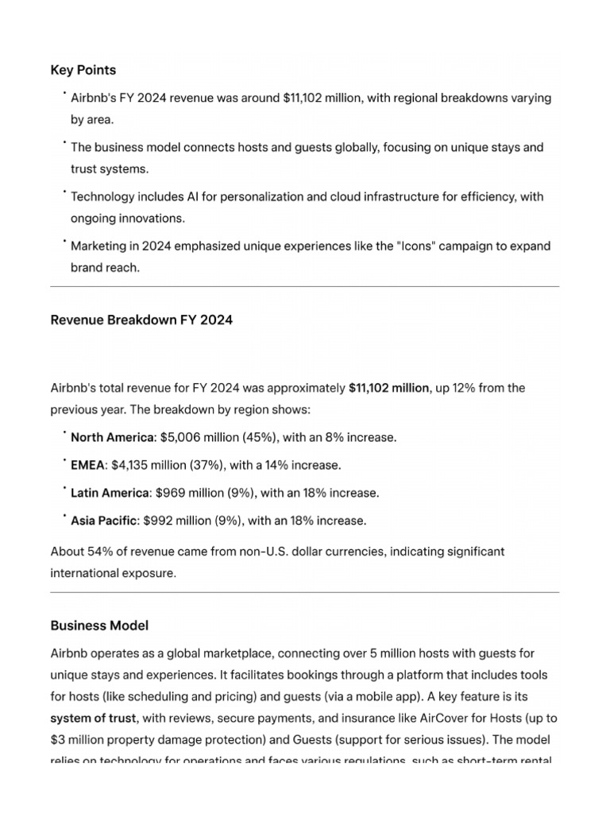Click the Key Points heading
click(x=83, y=70)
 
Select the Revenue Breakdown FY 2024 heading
click(x=141, y=320)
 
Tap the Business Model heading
click(x=99, y=626)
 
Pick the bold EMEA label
click(x=87, y=465)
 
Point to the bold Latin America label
click(x=110, y=493)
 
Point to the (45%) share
click(x=251, y=437)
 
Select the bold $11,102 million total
click(x=389, y=388)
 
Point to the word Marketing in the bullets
click(x=98, y=246)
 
